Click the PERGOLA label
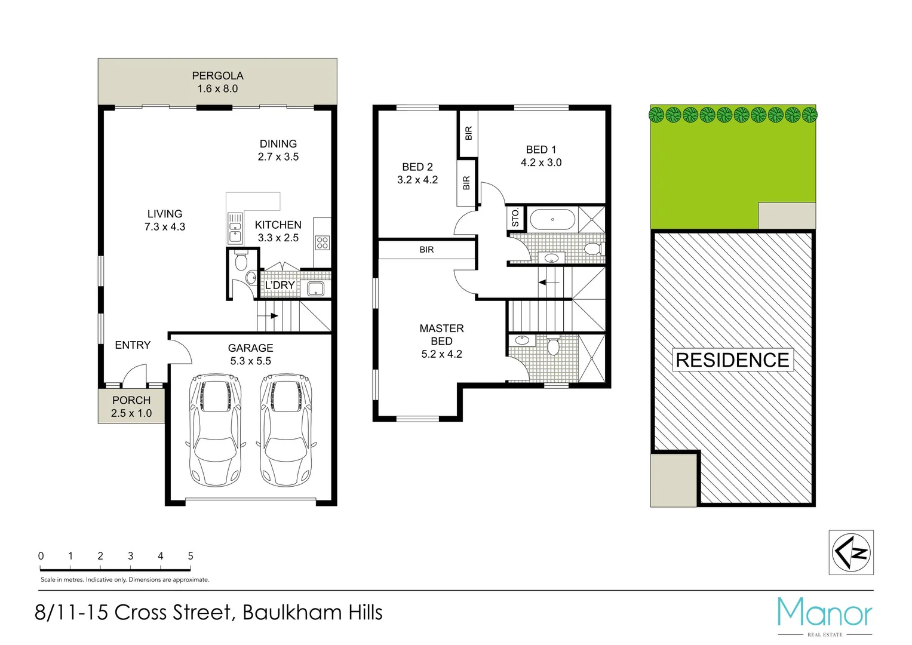[217, 76]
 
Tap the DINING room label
[278, 144]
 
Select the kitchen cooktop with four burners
[323, 242]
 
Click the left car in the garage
[216, 430]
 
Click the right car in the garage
[286, 430]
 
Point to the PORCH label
[131, 400]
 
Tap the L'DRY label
[280, 285]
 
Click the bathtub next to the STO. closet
[552, 220]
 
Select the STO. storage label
[515, 218]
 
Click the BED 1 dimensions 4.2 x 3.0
[541, 162]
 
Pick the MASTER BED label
[441, 334]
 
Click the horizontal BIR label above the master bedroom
[426, 250]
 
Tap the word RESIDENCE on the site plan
[733, 360]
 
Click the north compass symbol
[851, 552]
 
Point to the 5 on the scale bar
[191, 556]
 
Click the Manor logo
[825, 614]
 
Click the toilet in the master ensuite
[553, 346]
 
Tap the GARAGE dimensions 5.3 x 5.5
[250, 361]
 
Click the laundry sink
[315, 290]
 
